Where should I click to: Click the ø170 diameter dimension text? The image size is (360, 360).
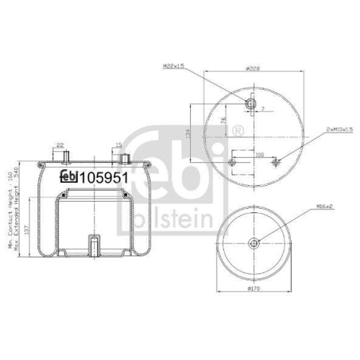[x=253, y=289]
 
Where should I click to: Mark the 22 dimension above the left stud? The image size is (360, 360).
[x=60, y=145]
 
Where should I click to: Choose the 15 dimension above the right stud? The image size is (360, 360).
[x=118, y=145]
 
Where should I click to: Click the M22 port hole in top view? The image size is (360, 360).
[x=251, y=104]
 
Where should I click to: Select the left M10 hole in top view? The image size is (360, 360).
[x=232, y=162]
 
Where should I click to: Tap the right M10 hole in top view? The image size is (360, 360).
[x=274, y=162]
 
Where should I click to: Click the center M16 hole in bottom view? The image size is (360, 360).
[x=253, y=243]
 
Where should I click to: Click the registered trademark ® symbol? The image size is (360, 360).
[x=238, y=132]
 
